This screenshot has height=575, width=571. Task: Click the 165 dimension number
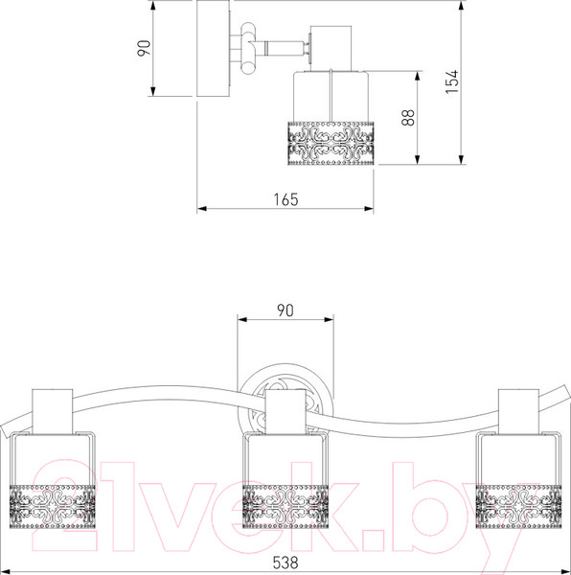click(x=285, y=199)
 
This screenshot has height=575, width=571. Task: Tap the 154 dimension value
click(x=452, y=81)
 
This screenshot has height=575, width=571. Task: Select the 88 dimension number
click(x=408, y=117)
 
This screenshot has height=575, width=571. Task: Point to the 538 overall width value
click(x=285, y=563)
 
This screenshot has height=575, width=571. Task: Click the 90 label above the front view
click(x=285, y=310)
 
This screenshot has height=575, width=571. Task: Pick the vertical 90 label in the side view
click(x=144, y=48)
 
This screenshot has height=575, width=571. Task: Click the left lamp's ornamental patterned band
click(x=53, y=506)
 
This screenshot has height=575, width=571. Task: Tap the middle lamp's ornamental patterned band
click(x=285, y=506)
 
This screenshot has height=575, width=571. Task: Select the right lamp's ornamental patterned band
click(x=518, y=506)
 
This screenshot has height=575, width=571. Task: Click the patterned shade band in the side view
click(x=331, y=144)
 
